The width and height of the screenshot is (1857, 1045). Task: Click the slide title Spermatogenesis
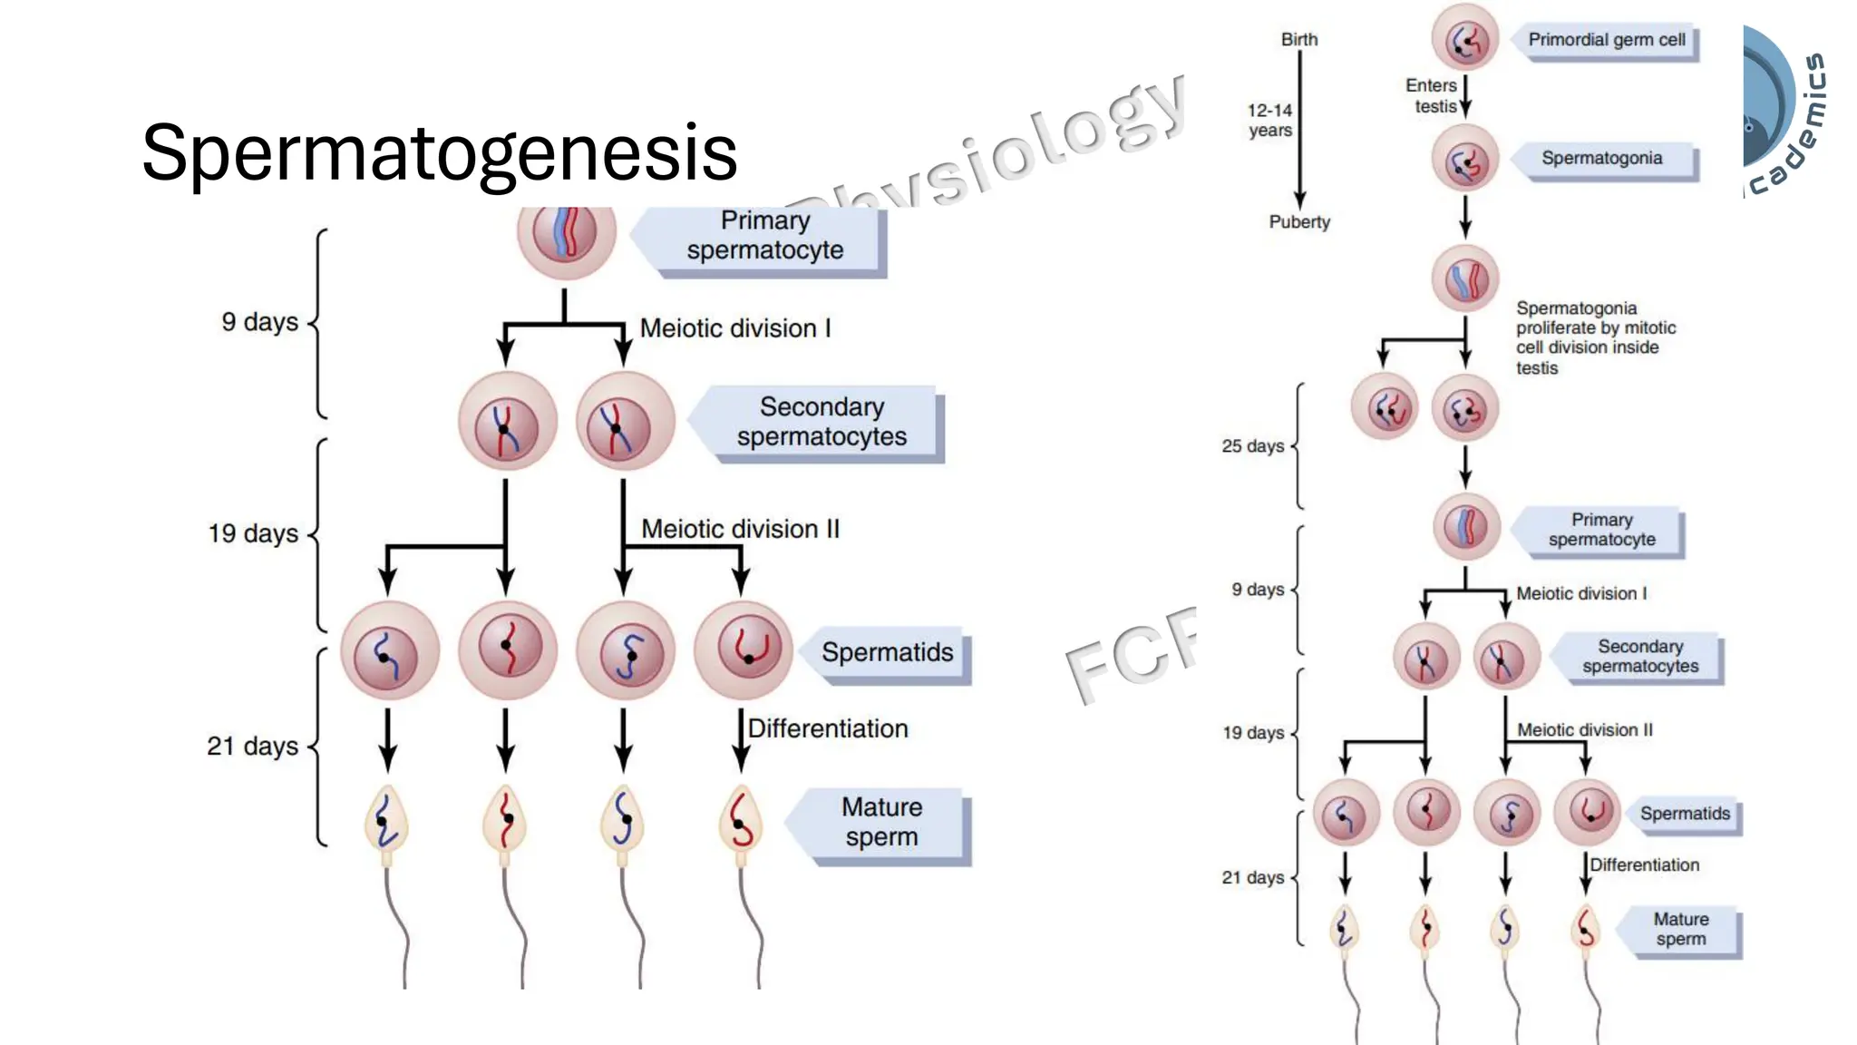(439, 152)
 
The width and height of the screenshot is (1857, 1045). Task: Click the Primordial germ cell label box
(1606, 40)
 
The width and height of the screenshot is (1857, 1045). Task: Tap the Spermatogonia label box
(1601, 159)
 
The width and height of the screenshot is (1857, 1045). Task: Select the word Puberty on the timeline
(1298, 222)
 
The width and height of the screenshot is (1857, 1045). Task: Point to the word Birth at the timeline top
(1298, 40)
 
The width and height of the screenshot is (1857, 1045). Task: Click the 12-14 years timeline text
(1269, 121)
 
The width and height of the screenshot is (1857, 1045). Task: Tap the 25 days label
(1252, 446)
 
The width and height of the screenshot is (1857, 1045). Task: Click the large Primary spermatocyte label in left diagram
(764, 236)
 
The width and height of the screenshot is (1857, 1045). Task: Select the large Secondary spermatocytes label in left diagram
(821, 422)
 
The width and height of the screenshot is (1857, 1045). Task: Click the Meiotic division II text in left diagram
(740, 530)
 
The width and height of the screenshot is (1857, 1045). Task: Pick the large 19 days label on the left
(253, 533)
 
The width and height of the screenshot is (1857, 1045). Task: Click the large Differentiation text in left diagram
(827, 729)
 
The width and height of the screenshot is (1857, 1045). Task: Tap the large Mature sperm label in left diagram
(880, 822)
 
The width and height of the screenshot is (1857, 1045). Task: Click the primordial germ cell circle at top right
(1464, 39)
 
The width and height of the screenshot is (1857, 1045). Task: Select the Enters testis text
(1432, 96)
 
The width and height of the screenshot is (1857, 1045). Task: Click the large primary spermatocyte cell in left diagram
(566, 232)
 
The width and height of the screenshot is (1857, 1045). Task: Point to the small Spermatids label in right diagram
(1684, 814)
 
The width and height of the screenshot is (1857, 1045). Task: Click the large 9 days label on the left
(259, 322)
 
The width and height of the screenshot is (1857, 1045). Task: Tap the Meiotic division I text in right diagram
(1580, 594)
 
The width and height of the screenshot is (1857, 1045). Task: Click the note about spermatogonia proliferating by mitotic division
(1595, 337)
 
